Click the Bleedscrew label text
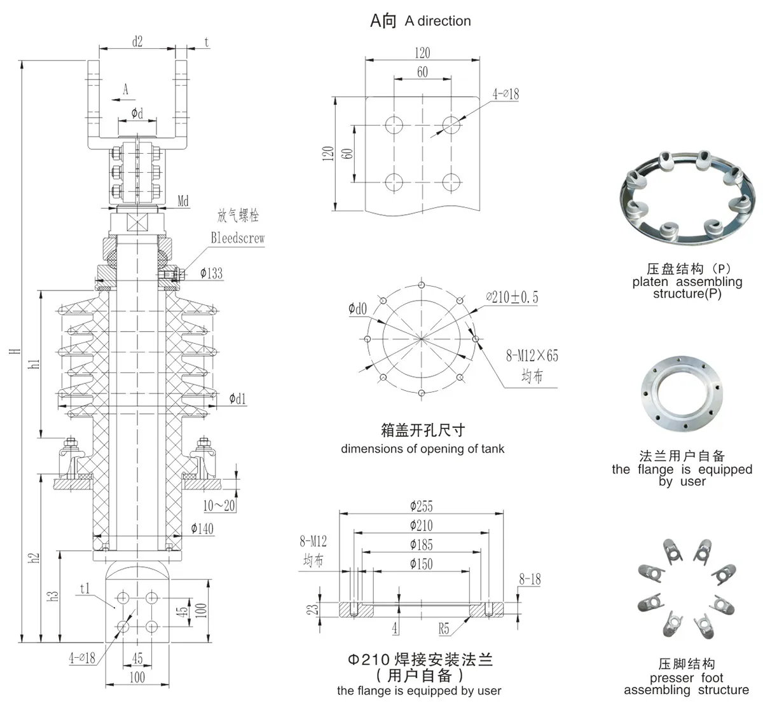[x=237, y=238]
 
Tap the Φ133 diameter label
[x=211, y=273]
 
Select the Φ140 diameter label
[x=202, y=528]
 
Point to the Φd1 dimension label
[x=237, y=399]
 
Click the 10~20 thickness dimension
[x=219, y=506]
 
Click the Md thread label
[x=183, y=201]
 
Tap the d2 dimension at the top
[x=137, y=42]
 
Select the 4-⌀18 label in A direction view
[x=505, y=94]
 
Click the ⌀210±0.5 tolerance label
[x=512, y=297]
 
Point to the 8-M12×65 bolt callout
[x=532, y=356]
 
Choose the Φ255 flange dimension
[x=421, y=506]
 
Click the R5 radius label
[x=443, y=629]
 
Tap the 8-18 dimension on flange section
[x=530, y=579]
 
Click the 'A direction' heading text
[x=437, y=21]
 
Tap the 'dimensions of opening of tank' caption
[x=422, y=449]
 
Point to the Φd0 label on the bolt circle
[x=357, y=310]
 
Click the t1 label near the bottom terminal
[x=85, y=588]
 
